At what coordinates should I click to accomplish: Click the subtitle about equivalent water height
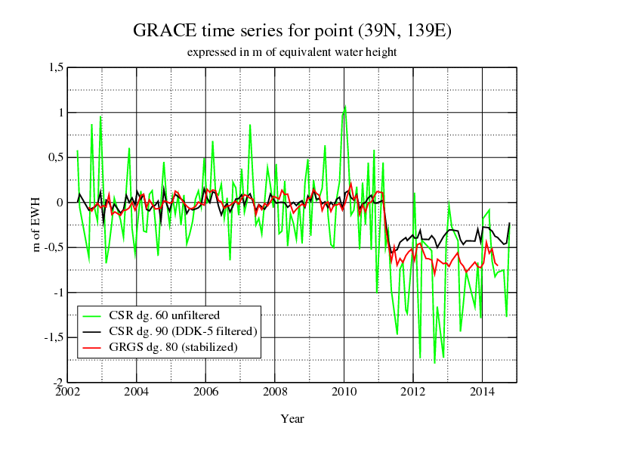292,52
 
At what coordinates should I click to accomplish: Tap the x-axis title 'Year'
292,418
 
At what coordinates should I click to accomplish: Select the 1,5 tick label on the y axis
55,68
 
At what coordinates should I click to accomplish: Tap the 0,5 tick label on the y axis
55,157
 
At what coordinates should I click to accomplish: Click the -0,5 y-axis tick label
54,247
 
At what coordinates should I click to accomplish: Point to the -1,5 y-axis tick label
54,337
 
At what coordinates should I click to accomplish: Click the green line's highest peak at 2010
344,107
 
